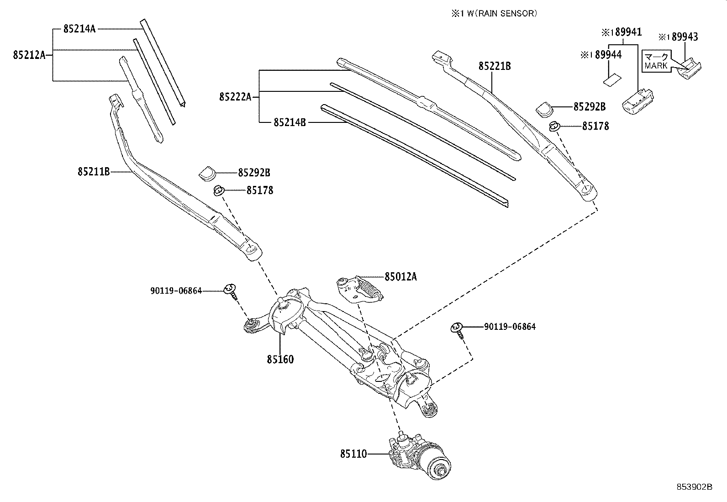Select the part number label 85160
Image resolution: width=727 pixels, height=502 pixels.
[x=280, y=359]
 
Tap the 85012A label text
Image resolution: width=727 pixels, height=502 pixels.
[x=400, y=276]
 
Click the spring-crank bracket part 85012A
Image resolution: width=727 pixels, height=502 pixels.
[x=358, y=289]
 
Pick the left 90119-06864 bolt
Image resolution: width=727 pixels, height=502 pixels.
[x=230, y=290]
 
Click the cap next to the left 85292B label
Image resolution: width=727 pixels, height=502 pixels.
[x=207, y=173]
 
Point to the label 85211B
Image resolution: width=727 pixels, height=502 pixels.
[x=94, y=172]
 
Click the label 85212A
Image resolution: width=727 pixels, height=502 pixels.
[x=29, y=55]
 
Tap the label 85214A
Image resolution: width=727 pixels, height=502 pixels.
[x=79, y=29]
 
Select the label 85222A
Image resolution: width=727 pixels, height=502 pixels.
[x=235, y=96]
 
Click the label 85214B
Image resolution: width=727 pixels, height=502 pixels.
[x=290, y=122]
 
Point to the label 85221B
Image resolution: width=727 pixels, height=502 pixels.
[x=495, y=66]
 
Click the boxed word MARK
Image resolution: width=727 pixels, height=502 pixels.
[x=656, y=66]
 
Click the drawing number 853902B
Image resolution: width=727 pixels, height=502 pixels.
[x=694, y=487]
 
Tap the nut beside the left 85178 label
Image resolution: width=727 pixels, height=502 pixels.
[x=219, y=190]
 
